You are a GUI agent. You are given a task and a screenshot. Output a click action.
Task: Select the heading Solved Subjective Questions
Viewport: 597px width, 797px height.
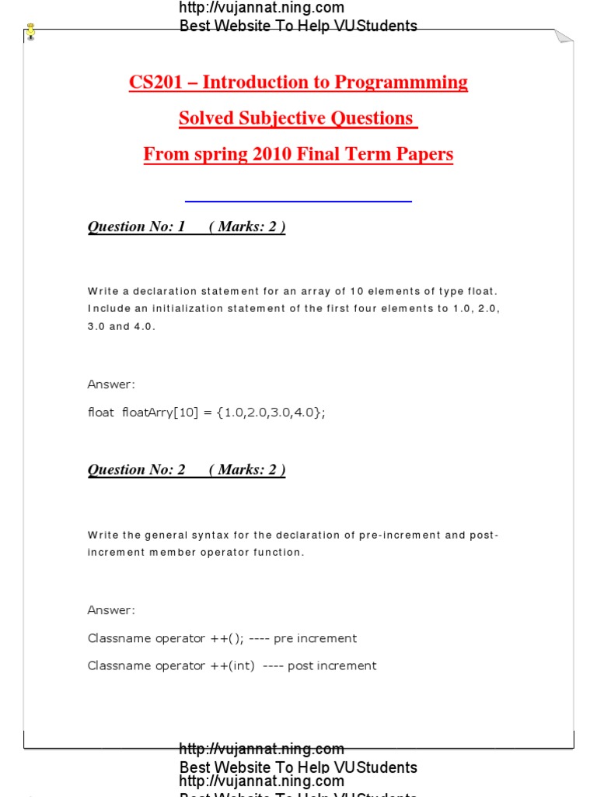pos(297,118)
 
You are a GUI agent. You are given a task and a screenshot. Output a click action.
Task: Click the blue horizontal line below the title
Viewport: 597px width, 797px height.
pos(298,202)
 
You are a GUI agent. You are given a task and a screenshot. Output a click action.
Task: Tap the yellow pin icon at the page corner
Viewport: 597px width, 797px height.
pos(30,32)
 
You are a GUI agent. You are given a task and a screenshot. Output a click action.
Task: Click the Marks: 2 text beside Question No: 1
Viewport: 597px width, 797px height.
pos(247,226)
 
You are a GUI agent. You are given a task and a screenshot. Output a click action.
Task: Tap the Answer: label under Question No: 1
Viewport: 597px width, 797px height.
pos(111,384)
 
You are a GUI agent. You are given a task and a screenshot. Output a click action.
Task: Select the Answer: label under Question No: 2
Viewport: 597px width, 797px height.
pos(111,610)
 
